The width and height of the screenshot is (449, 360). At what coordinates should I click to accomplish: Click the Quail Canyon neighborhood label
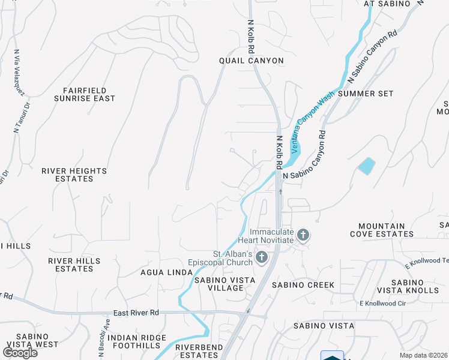[251, 61]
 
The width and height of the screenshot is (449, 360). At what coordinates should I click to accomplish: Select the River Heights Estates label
[74, 175]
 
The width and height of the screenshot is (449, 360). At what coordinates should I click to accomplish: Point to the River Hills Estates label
[74, 265]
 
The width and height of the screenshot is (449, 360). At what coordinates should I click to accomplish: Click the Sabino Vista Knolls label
[415, 286]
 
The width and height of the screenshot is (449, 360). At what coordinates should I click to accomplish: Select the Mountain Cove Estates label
[386, 230]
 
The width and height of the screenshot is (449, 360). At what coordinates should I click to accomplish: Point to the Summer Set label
[366, 94]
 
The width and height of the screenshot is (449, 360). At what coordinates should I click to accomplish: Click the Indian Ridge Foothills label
[137, 341]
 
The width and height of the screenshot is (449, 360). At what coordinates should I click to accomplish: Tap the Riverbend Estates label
[199, 351]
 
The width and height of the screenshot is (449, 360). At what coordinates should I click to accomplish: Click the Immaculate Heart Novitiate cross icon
[304, 235]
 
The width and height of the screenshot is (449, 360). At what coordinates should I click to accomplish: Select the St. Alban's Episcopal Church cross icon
[261, 258]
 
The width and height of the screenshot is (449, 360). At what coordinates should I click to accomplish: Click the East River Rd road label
[136, 313]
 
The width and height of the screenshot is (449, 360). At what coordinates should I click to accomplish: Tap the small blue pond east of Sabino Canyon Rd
[366, 166]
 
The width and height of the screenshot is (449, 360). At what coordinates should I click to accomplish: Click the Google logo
[20, 353]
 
